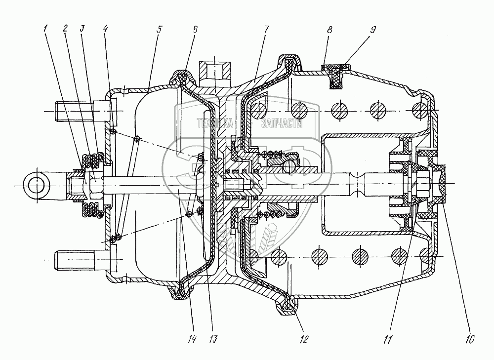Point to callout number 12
pyautogui.click(x=303, y=339)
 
